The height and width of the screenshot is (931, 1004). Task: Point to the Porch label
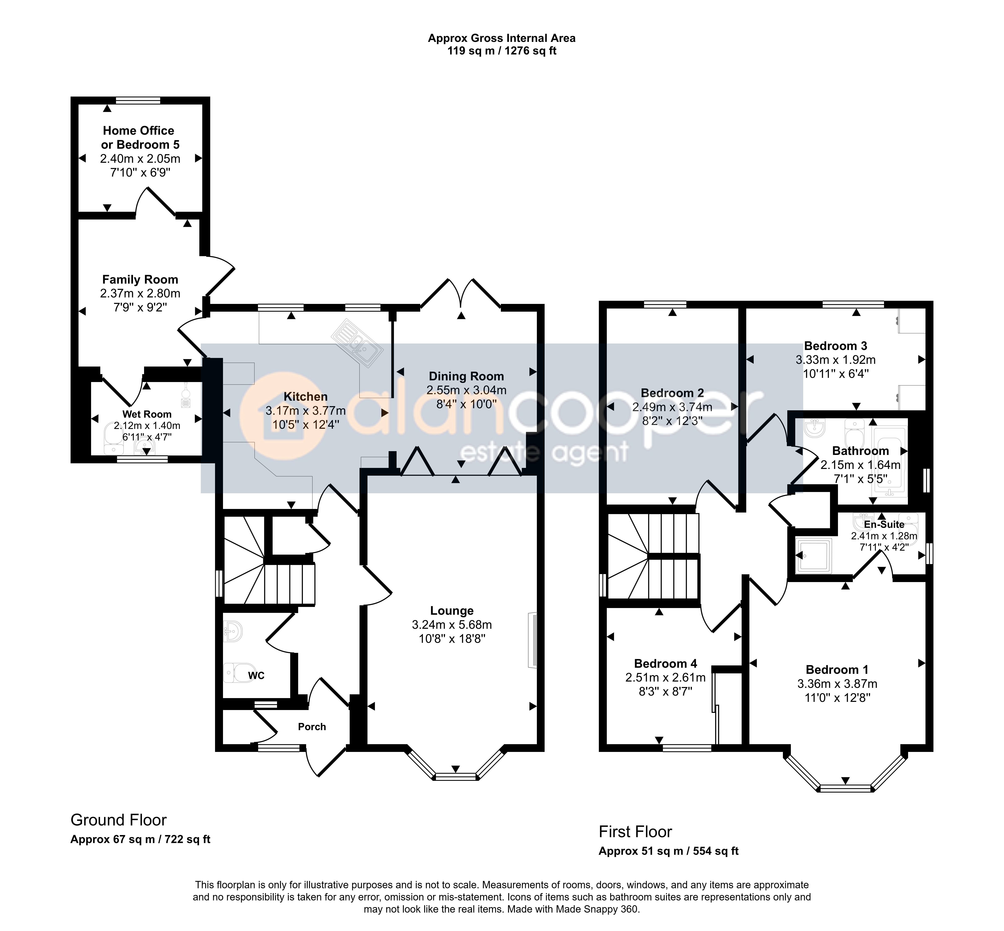312,726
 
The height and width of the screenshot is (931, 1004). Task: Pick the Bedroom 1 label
837,670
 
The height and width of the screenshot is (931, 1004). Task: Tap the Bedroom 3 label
835,346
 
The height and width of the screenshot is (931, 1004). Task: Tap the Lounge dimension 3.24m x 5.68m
452,625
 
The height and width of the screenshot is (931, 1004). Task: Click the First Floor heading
635,832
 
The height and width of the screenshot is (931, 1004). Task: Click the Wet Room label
147,414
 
